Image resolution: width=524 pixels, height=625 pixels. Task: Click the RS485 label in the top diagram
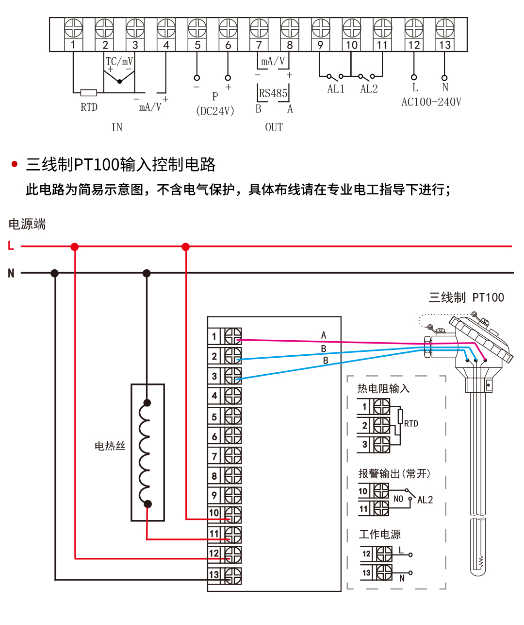tap(273, 93)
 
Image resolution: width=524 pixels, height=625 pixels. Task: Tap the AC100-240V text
tap(431, 102)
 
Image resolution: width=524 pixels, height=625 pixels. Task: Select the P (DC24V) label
tap(215, 104)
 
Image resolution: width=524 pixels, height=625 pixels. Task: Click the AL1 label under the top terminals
tap(336, 89)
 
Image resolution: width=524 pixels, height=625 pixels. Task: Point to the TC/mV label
tap(119, 61)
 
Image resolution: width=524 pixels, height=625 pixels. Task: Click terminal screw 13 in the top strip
tap(444, 28)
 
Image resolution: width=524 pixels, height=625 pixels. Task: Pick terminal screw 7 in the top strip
tap(259, 28)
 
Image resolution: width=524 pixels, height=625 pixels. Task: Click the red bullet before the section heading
tap(15, 164)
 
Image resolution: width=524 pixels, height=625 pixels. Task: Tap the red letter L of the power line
tap(11, 246)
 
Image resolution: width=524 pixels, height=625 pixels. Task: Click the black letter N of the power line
tap(11, 273)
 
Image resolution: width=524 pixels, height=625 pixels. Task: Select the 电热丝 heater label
tap(110, 446)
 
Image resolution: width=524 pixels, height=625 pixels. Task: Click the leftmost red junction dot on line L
tap(74, 247)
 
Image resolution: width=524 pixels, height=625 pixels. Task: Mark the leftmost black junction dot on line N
tap(55, 273)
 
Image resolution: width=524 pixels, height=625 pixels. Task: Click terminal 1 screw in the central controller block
tap(232, 336)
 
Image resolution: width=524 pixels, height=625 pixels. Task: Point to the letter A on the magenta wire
tap(324, 335)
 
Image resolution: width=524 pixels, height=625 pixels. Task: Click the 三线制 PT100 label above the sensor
tap(466, 297)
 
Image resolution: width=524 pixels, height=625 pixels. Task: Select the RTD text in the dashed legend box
tap(411, 424)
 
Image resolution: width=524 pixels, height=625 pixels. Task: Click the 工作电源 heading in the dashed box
tap(380, 535)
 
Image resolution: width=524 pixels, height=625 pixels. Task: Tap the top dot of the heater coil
tap(147, 403)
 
